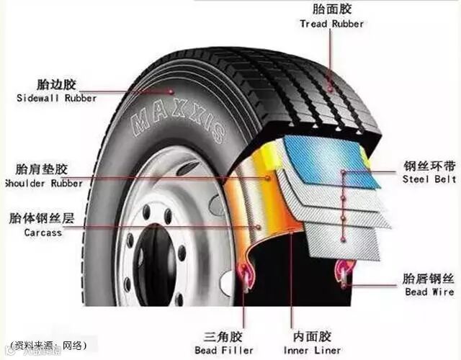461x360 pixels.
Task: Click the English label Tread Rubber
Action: pyautogui.click(x=331, y=23)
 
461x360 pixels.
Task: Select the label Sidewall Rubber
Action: pyautogui.click(x=55, y=98)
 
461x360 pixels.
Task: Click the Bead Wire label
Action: pyautogui.click(x=429, y=292)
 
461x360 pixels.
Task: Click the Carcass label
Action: pyautogui.click(x=42, y=233)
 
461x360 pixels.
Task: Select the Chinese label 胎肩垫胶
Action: pyautogui.click(x=43, y=170)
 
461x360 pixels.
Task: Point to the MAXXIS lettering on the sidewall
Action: pyautogui.click(x=178, y=122)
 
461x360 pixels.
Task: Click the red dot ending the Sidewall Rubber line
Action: pyautogui.click(x=171, y=91)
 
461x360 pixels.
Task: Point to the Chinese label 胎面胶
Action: pyautogui.click(x=331, y=9)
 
